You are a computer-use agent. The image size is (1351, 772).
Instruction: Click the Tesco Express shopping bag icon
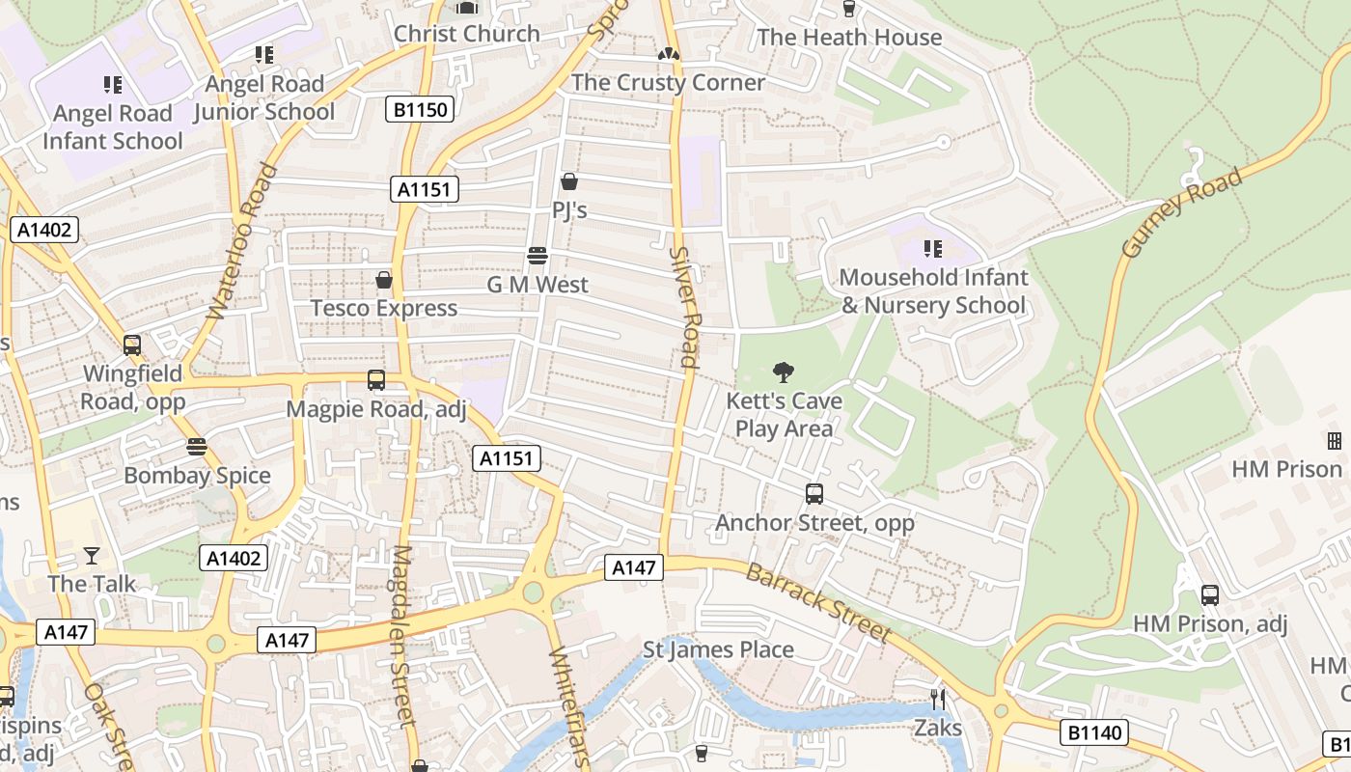click(384, 280)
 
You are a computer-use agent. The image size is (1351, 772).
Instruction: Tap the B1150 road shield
click(422, 109)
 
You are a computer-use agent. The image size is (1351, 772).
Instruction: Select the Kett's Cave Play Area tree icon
click(784, 372)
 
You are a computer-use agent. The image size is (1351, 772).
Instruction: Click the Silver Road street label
click(685, 306)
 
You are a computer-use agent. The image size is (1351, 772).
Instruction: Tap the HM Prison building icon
click(1335, 441)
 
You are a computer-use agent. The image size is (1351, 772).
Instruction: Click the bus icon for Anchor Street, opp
click(814, 494)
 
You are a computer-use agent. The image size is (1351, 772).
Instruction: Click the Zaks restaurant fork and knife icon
click(937, 699)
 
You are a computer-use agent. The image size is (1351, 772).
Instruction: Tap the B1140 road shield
click(1095, 732)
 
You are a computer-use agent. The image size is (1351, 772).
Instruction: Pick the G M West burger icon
click(538, 256)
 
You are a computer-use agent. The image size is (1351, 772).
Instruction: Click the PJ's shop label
click(569, 209)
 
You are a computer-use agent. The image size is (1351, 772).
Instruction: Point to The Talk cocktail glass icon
click(92, 555)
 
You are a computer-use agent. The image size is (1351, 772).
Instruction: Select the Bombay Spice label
click(197, 475)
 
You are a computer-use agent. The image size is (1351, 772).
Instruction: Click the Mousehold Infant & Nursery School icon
click(932, 249)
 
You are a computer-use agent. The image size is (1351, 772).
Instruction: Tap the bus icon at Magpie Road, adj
click(376, 380)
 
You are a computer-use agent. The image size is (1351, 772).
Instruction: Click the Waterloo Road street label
click(241, 241)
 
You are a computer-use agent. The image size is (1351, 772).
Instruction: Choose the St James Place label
click(719, 649)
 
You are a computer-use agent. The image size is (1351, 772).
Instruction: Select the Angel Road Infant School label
click(112, 126)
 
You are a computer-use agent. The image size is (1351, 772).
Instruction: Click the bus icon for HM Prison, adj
click(1210, 595)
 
